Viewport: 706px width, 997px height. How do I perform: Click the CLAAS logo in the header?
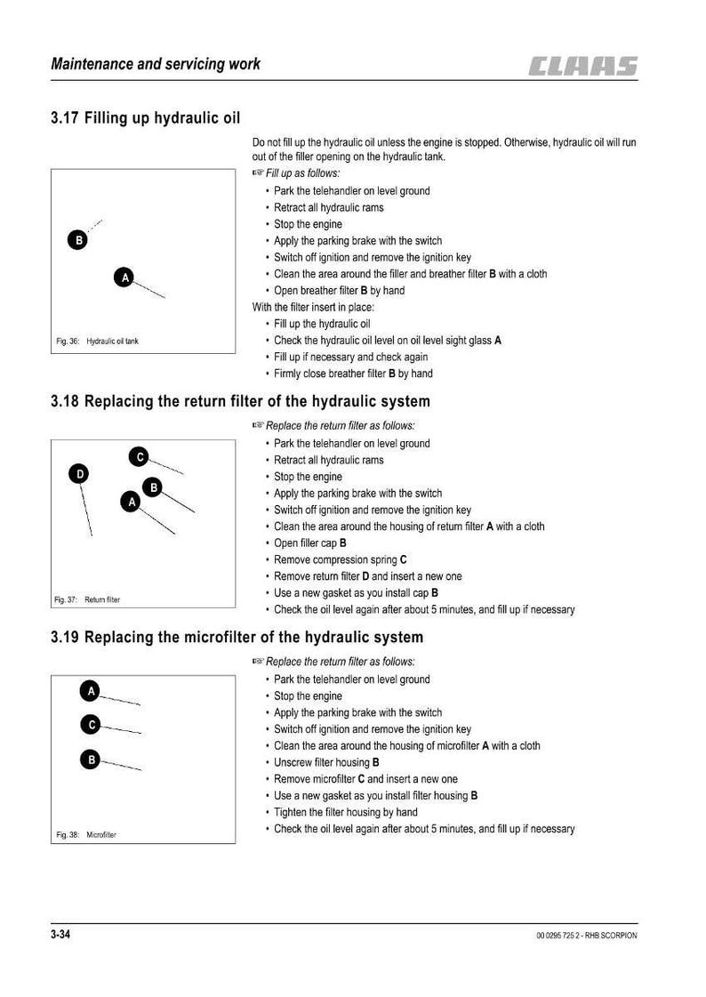[582, 66]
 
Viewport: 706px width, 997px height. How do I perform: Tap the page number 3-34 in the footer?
[60, 934]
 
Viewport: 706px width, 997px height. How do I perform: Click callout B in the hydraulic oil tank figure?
[77, 240]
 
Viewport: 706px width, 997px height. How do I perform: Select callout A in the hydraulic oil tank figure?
[124, 277]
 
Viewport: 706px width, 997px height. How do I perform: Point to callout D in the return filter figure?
[79, 474]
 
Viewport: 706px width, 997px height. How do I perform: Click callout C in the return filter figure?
[140, 456]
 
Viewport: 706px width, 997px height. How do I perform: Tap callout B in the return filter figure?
[153, 487]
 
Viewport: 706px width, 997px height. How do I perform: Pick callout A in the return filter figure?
[131, 502]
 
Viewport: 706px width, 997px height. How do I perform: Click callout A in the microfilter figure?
[90, 690]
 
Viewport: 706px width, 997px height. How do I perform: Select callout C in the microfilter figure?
[91, 724]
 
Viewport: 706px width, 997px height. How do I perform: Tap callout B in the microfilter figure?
[91, 760]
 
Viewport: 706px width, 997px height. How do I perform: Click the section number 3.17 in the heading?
[65, 118]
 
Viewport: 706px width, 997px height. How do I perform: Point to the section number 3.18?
[65, 402]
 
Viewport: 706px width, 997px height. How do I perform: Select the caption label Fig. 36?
[68, 342]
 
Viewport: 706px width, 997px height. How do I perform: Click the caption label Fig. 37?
[66, 599]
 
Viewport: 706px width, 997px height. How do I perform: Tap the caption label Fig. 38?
[68, 835]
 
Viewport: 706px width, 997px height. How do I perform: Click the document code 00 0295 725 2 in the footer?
[558, 936]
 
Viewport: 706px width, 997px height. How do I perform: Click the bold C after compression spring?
[404, 559]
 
